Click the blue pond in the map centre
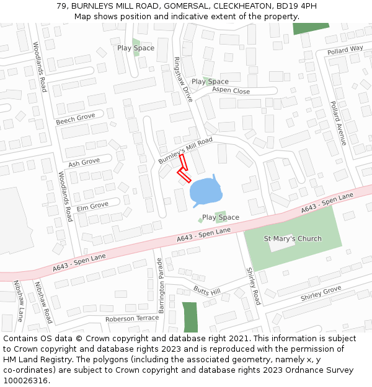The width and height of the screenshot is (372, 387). tap(204, 191)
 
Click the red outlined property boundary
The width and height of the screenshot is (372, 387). tap(183, 169)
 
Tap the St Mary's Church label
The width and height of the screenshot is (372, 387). tap(293, 239)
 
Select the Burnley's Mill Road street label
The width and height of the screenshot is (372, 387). tap(185, 150)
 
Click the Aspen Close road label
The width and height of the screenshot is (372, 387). tap(231, 91)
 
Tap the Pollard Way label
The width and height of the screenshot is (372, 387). tap(345, 50)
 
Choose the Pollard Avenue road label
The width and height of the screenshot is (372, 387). tap(338, 123)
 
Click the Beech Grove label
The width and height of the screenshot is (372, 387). tap(76, 118)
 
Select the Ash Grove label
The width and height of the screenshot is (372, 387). tap(84, 163)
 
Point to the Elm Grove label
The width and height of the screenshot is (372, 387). tap(92, 206)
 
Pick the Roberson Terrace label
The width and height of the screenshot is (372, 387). tap(131, 318)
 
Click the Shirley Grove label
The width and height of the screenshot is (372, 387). tap(321, 294)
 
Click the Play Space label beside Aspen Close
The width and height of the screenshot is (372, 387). tap(210, 82)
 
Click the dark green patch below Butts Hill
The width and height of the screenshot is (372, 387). tap(190, 316)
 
